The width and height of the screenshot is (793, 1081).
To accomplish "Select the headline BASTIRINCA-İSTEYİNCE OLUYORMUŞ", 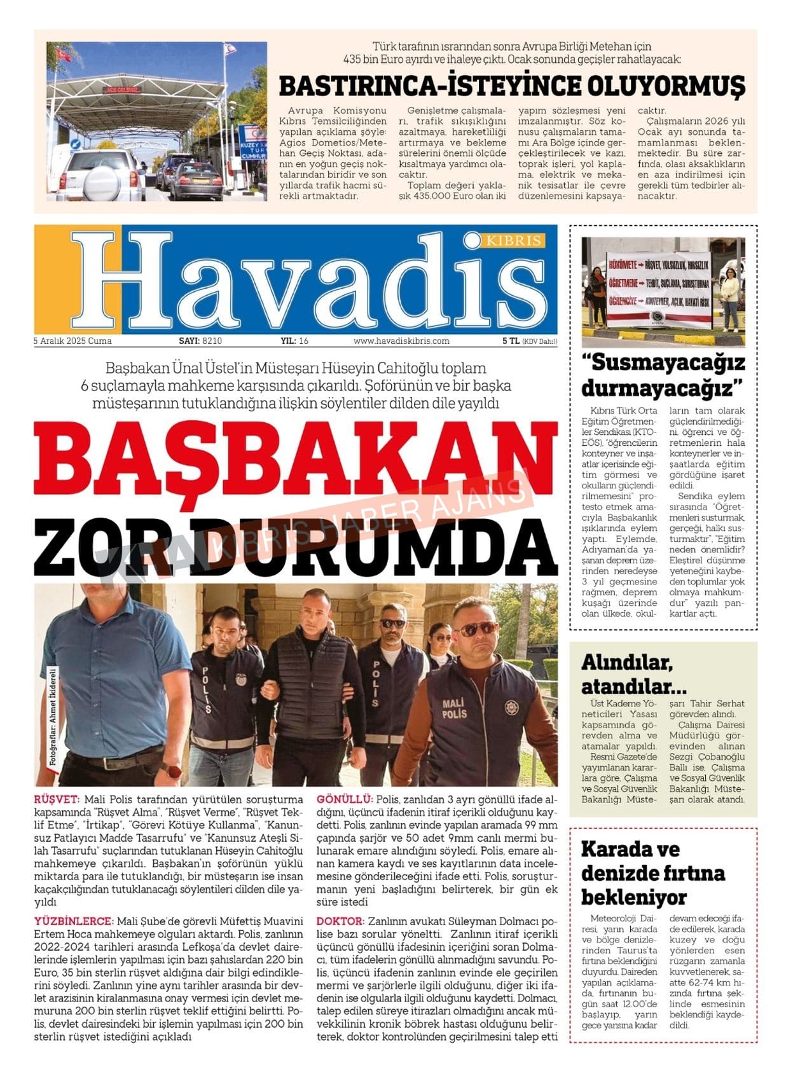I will [512, 86].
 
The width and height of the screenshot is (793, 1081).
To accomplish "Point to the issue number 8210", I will [212, 341].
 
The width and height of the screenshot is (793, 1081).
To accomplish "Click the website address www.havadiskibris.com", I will [401, 341].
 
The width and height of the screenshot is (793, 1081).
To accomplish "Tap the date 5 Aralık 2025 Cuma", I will [72, 341].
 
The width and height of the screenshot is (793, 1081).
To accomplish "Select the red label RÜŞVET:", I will [57, 799].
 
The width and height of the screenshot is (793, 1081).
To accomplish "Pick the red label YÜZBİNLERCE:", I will [74, 921].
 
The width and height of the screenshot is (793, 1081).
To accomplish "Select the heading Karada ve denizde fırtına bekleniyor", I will [652, 872].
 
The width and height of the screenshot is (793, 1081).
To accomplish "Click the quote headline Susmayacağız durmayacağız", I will [663, 375].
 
